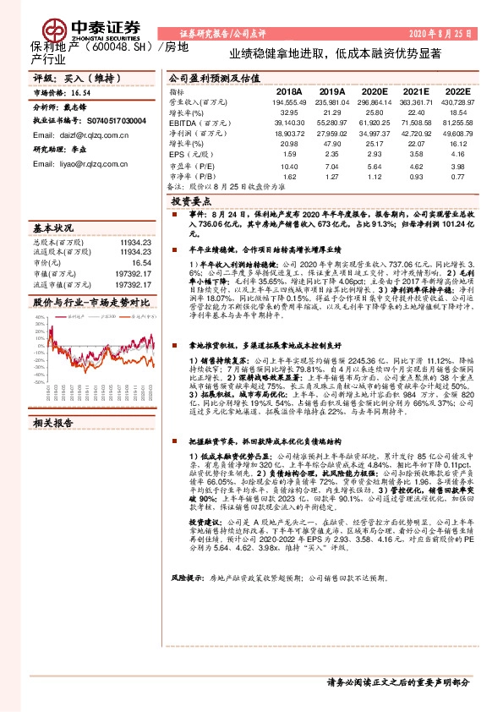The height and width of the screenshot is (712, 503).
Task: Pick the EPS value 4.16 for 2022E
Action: pyautogui.click(x=457, y=154)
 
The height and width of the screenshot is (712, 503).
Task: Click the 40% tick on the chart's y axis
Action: pyautogui.click(x=39, y=317)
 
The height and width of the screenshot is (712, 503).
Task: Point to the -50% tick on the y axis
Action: pyautogui.click(x=39, y=383)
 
